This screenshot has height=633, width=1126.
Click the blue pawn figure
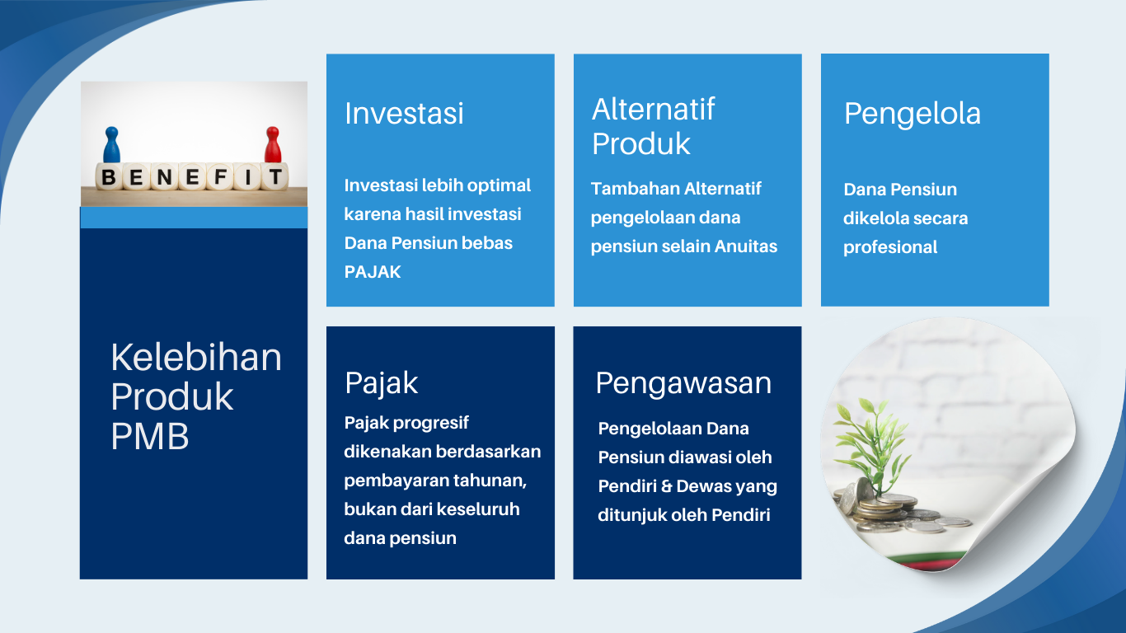coord(111,145)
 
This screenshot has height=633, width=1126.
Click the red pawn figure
coord(273,145)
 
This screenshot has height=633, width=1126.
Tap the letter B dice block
coord(109,176)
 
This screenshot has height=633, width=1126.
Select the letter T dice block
coord(274,176)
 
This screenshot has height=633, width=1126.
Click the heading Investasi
coord(404,113)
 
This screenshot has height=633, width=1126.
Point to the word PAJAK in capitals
coord(373,272)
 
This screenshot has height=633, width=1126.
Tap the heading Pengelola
coord(912,114)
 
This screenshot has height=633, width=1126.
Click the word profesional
coord(890,247)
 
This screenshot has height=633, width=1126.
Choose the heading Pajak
coord(381,383)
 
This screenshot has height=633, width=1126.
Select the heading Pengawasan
coord(683,383)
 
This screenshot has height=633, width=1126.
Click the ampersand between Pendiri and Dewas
coord(666,486)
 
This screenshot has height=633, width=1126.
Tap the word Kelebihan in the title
coord(196,358)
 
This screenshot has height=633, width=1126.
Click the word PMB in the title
coord(150,436)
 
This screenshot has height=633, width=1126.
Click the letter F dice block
coord(220,176)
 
